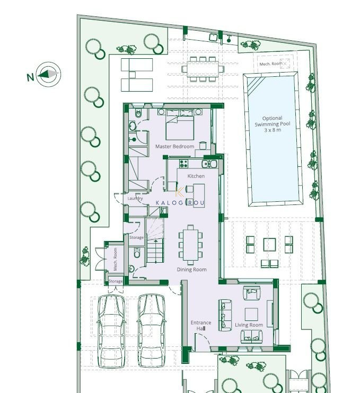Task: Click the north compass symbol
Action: click(x=48, y=74)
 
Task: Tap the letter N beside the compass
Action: click(x=30, y=77)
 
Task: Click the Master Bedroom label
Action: click(x=174, y=146)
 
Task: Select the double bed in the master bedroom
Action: click(x=180, y=124)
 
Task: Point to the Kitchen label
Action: click(x=196, y=176)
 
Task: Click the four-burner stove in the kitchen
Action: click(x=183, y=164)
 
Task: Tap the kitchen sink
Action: click(x=209, y=164)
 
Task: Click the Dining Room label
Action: click(x=192, y=270)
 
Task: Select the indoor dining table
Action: click(x=191, y=245)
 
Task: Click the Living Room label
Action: click(x=249, y=325)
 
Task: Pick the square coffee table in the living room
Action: click(x=251, y=314)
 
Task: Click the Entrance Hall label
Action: click(x=201, y=325)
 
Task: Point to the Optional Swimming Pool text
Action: click(x=273, y=124)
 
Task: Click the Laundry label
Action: click(x=135, y=198)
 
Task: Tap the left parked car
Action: click(x=111, y=331)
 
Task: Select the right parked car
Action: click(x=151, y=331)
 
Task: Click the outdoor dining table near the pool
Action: click(x=203, y=69)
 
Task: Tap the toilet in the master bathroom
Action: click(x=138, y=113)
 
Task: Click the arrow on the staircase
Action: click(x=156, y=251)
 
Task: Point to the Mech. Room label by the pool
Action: click(x=271, y=64)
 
